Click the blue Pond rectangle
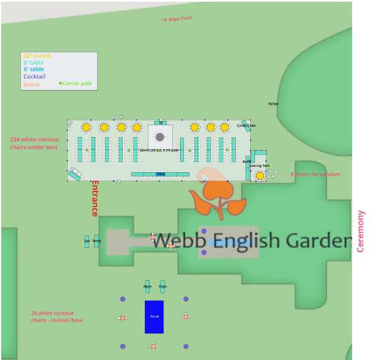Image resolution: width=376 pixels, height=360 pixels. tap(154, 316)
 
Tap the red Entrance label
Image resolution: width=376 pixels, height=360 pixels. tap(94, 198)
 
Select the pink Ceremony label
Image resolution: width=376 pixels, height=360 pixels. tap(360, 231)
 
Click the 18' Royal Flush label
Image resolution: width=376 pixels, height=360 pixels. tap(177, 19)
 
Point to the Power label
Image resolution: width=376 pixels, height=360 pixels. tap(273, 104)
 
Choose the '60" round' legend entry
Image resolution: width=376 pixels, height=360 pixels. tap(36, 56)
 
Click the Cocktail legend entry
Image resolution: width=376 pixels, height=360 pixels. tap(34, 77)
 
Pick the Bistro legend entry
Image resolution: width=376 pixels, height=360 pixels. tap(31, 85)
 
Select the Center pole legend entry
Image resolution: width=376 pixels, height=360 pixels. tap(76, 83)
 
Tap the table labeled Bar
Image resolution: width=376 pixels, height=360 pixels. tap(87, 241)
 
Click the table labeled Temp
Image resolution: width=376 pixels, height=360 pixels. tap(97, 241)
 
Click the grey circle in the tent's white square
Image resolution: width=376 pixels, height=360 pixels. tap(160, 137)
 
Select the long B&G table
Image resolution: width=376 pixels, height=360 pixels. tap(160, 175)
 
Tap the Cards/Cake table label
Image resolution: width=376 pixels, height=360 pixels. tap(246, 126)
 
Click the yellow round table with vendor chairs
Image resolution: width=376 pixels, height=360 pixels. tap(260, 175)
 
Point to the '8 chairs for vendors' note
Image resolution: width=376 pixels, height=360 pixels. tap(315, 175)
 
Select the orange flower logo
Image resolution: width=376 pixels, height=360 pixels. tap(216, 194)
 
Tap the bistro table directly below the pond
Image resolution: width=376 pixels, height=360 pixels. tap(153, 346)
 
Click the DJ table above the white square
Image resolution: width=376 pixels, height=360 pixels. tap(160, 123)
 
